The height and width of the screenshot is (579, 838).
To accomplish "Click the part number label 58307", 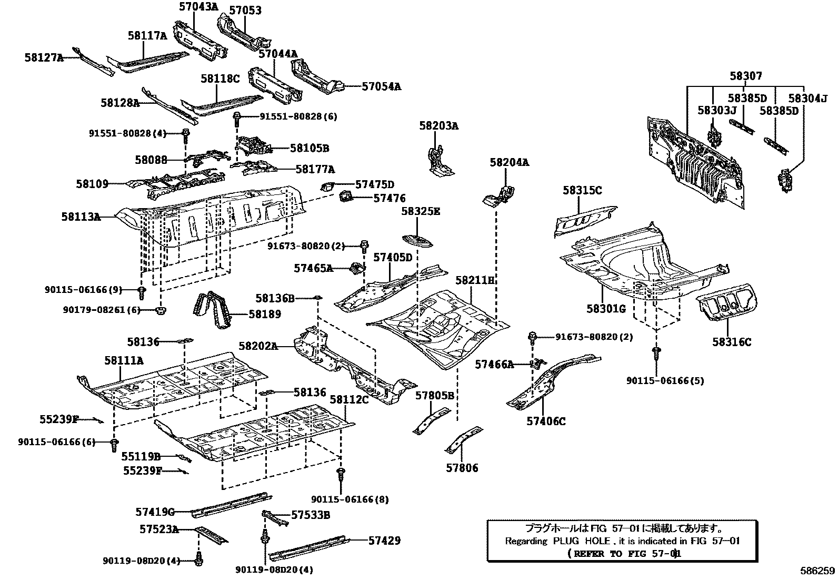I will [x=745, y=76].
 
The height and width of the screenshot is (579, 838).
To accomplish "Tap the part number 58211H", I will [x=476, y=280].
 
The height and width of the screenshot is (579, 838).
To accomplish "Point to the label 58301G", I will [x=606, y=309].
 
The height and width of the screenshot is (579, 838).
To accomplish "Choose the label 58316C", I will [x=732, y=342].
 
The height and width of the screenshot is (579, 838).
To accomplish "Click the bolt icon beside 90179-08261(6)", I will [x=161, y=310].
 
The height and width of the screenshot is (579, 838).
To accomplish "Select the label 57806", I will [x=462, y=468].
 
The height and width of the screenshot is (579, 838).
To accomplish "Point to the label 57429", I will [x=384, y=541].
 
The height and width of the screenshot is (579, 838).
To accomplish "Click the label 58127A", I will [x=43, y=57].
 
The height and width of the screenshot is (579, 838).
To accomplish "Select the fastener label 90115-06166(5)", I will [x=665, y=380].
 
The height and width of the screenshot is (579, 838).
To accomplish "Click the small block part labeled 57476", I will [x=346, y=197].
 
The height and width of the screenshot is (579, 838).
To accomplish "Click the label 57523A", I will [x=158, y=528].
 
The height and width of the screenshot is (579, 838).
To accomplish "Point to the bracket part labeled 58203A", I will [x=436, y=161].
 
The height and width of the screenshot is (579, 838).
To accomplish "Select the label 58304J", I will [x=807, y=99].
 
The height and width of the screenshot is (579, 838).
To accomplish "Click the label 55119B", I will [x=141, y=457].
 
